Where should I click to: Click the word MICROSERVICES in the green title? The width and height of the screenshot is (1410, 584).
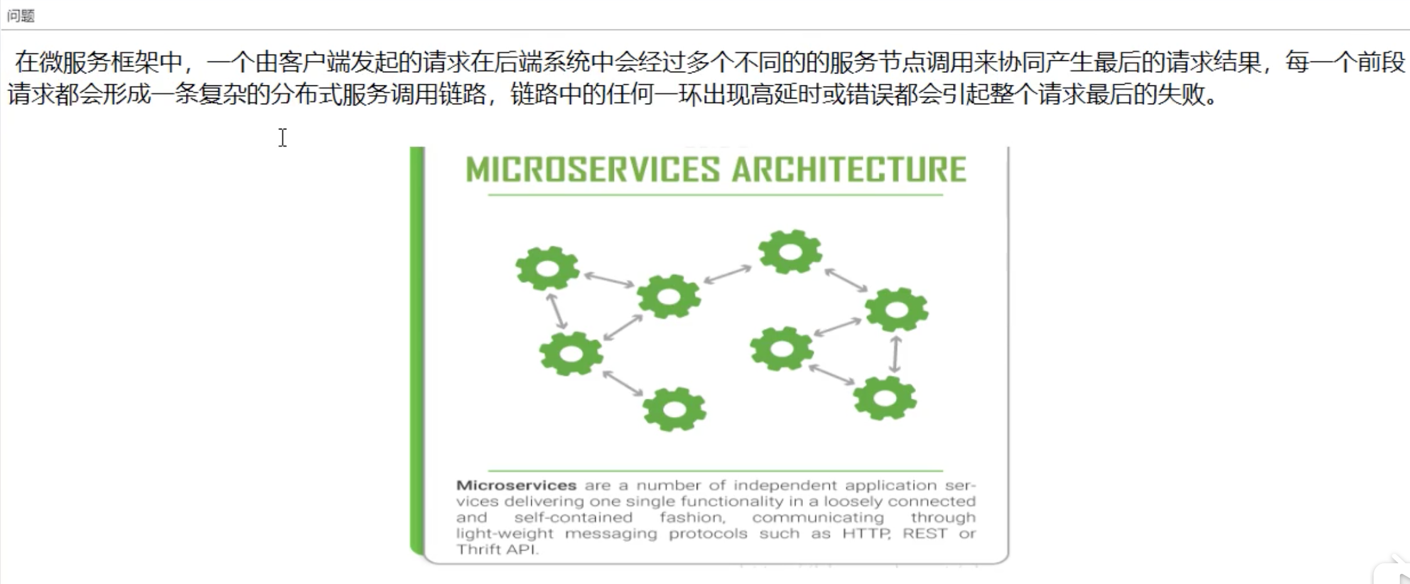coord(593,170)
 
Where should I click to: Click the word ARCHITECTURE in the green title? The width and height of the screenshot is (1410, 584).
coord(849,170)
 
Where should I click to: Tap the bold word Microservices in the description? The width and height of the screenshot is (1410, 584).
coord(516,485)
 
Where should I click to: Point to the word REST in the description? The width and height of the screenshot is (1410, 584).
coord(924,534)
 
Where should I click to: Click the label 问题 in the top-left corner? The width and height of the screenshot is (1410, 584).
coord(21,16)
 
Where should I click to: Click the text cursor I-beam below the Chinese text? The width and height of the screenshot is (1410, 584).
coord(283,138)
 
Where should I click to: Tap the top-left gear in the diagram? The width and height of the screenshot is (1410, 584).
coord(547,269)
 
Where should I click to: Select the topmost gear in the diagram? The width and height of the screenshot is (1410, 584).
coord(790,252)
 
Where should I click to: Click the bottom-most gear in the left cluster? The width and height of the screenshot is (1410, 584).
coord(674,409)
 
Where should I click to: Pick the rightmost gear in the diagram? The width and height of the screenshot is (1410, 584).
coord(896,309)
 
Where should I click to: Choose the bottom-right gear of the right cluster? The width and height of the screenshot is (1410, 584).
coord(885,398)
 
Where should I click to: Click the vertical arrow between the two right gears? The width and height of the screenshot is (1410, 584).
coord(896,354)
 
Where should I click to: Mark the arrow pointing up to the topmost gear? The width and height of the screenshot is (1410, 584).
coord(728,274)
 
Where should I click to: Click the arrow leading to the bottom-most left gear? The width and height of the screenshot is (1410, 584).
coord(623,382)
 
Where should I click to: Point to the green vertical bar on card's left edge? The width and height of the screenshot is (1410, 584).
coord(417,352)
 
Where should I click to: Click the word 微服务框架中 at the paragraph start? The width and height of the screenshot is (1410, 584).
coord(110,62)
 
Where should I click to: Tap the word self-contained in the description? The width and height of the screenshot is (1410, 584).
coord(573,517)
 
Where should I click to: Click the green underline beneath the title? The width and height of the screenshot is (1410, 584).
coord(716,195)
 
